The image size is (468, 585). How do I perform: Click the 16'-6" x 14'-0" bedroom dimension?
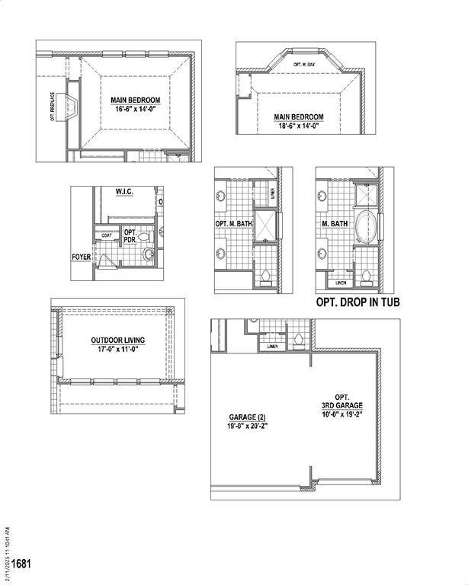(x=135, y=110)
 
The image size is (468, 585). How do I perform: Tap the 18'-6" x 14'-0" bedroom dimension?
(x=299, y=126)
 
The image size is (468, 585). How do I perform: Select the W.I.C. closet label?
(x=124, y=192)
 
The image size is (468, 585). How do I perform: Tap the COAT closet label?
(x=107, y=235)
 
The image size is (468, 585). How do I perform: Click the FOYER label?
(x=81, y=257)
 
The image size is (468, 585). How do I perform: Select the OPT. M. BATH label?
(x=234, y=224)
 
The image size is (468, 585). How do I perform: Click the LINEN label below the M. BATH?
(x=341, y=283)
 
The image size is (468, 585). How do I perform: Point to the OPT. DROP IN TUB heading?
(x=357, y=302)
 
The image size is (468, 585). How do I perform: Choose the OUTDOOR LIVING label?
(x=118, y=340)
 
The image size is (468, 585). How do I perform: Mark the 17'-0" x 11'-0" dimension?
(x=118, y=350)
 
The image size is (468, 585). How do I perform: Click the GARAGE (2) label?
(x=248, y=417)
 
